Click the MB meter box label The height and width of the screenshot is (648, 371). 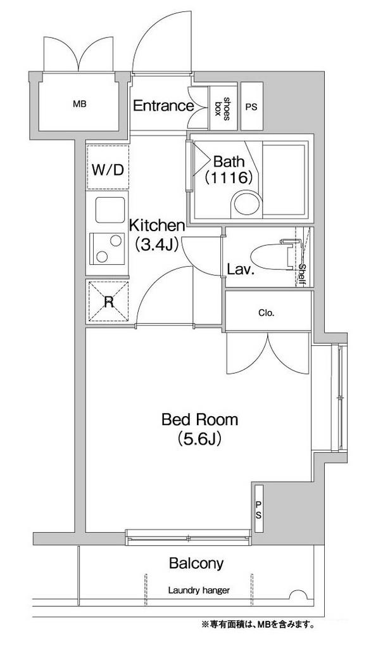point(80,105)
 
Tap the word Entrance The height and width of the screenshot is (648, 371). point(163,106)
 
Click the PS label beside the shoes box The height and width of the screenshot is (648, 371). point(251,107)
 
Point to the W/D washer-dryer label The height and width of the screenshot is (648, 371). point(108,169)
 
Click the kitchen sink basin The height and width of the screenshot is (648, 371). point(110,210)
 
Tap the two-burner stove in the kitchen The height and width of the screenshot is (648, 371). point(108,248)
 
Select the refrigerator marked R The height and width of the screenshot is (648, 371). point(109,301)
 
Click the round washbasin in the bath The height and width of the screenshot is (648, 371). point(246,204)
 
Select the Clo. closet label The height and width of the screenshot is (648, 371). point(267,314)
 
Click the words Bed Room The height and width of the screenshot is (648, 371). point(199,419)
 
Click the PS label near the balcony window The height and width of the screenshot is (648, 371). point(258,510)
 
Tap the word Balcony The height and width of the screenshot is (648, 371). point(196,563)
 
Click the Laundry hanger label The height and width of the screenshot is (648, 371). point(199,590)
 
